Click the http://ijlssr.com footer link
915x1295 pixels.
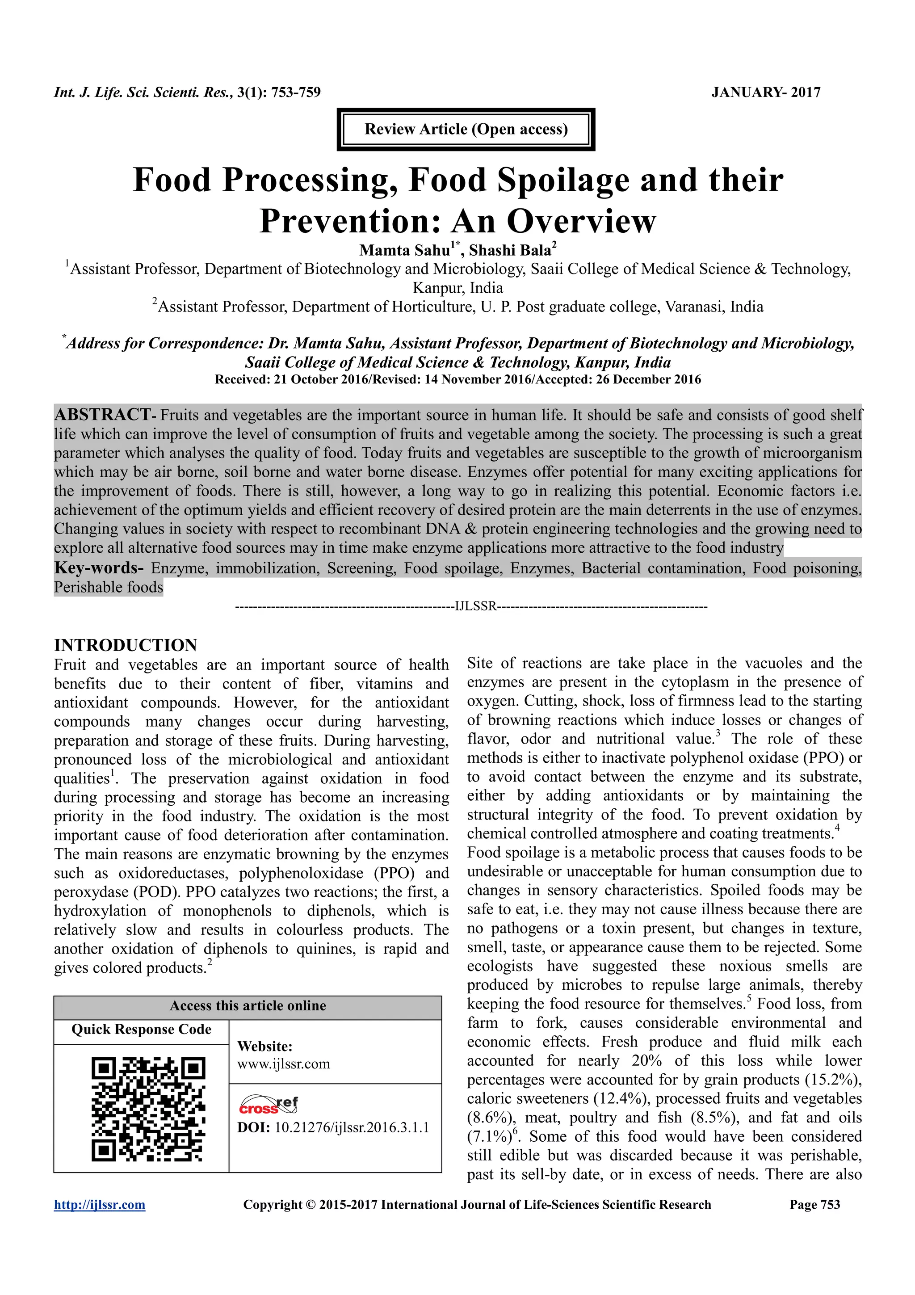pyautogui.click(x=99, y=1205)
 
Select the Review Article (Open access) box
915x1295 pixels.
pyautogui.click(x=466, y=129)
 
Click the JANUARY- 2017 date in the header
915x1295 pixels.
pyautogui.click(x=766, y=92)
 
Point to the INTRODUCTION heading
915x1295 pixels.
pyautogui.click(x=125, y=645)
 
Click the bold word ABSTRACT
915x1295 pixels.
pyautogui.click(x=102, y=415)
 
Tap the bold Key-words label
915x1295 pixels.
pyautogui.click(x=99, y=568)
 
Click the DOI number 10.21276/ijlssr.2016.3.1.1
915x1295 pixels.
pyautogui.click(x=352, y=1127)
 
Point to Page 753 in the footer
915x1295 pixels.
pyautogui.click(x=814, y=1205)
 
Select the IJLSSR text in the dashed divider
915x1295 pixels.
pyautogui.click(x=476, y=606)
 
